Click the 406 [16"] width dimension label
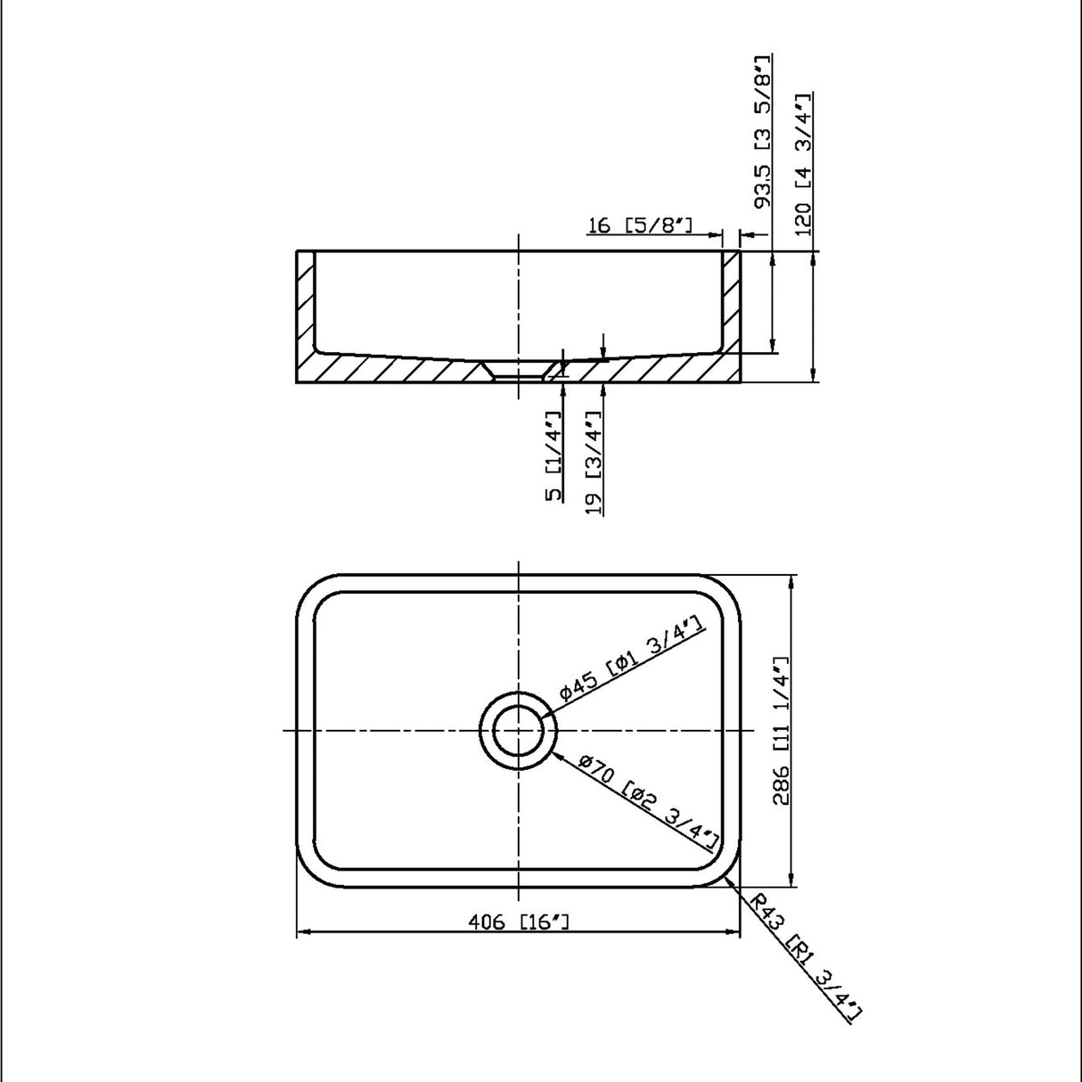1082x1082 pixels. (x=518, y=921)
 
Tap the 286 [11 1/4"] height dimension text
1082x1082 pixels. (x=781, y=733)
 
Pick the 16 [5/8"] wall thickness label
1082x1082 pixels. (x=641, y=225)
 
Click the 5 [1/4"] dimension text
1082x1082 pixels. (x=555, y=455)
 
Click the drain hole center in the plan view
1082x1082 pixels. (x=519, y=731)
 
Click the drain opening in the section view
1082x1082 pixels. (x=519, y=370)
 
